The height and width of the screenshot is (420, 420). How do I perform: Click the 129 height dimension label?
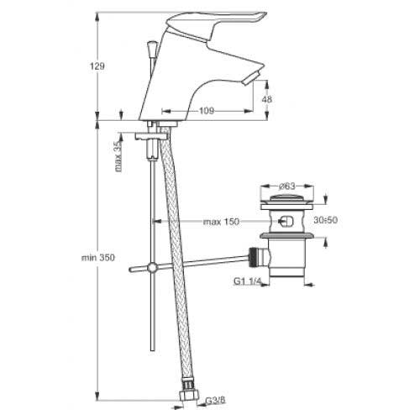[97, 66]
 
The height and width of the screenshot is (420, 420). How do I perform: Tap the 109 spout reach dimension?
[207, 111]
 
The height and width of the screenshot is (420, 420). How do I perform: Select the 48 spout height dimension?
[266, 99]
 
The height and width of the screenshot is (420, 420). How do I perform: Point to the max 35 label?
[118, 155]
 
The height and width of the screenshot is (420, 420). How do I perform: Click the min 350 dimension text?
[98, 258]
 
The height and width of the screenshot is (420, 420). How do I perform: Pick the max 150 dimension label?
[221, 222]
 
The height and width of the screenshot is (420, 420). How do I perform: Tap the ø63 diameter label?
[286, 186]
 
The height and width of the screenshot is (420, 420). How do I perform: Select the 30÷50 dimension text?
[325, 220]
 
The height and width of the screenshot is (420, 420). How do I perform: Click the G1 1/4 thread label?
[247, 281]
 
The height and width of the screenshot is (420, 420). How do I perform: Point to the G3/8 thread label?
[215, 401]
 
